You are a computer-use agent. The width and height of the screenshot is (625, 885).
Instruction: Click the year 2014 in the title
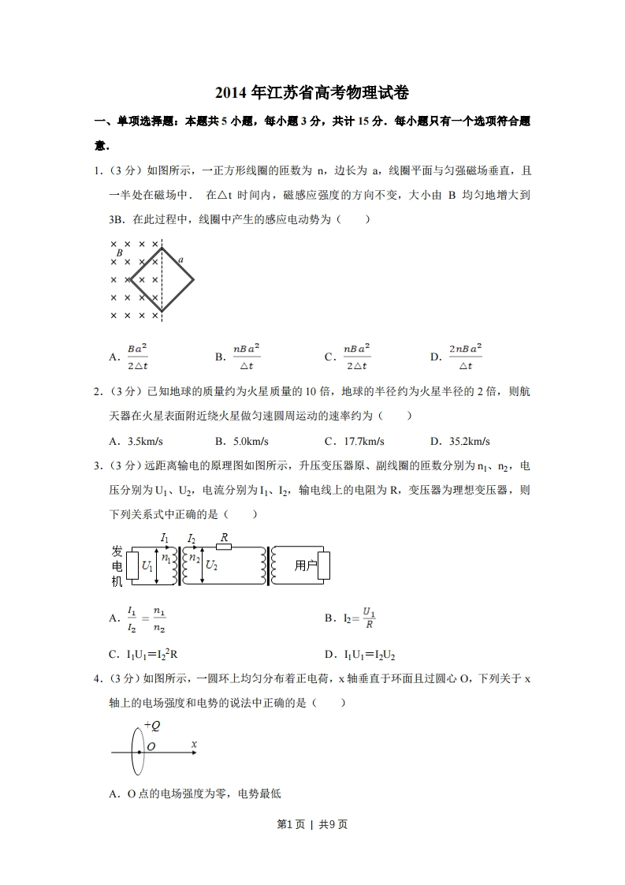(231, 93)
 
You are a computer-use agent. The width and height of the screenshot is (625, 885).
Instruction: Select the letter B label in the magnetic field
(119, 252)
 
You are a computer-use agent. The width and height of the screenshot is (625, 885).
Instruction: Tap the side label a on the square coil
(181, 259)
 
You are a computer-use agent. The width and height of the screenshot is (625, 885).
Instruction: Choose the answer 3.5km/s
(144, 441)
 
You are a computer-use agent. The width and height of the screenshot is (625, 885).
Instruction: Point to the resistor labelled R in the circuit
(224, 547)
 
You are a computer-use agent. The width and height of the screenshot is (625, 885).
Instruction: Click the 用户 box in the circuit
(306, 566)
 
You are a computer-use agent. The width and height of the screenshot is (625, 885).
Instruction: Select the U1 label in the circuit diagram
(147, 566)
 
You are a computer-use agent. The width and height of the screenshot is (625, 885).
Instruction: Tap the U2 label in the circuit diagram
(211, 566)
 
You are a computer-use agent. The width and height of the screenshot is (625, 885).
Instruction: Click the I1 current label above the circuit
(164, 538)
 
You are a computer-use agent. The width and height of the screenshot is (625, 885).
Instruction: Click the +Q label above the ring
(151, 726)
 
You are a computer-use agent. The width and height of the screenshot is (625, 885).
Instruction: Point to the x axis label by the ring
(194, 744)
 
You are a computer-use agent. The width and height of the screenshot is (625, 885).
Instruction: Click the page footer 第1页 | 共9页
(312, 825)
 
